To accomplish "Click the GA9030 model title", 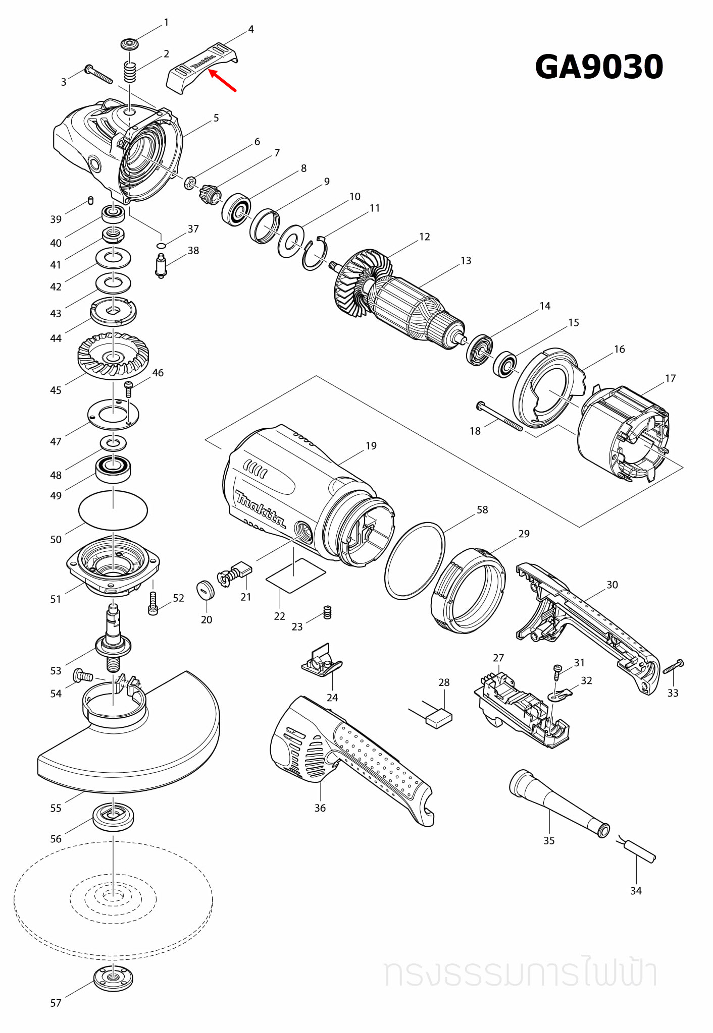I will click(598, 67).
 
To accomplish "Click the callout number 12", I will click(424, 237).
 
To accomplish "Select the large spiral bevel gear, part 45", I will click(113, 356).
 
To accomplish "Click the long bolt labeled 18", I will click(499, 416).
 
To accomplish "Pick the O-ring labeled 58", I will click(415, 560).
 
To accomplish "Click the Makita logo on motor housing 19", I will click(260, 508).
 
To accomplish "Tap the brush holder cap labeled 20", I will click(206, 590).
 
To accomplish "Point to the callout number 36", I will click(320, 808).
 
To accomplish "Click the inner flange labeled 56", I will click(113, 816).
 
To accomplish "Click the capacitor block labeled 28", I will click(439, 718).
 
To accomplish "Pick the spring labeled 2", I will click(130, 71).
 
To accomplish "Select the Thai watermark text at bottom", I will click(520, 974).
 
